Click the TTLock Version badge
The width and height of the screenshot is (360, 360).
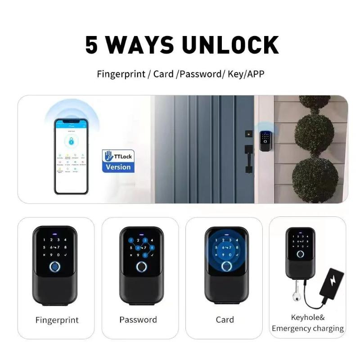pos(118,161)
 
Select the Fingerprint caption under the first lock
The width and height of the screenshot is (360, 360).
pos(57,320)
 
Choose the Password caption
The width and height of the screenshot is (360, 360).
pos(138,320)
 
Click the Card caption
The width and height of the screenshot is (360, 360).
pos(225,320)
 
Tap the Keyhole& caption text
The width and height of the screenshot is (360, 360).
pos(307,317)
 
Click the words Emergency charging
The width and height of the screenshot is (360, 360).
pos(308,328)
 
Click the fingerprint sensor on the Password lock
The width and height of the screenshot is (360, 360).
pos(141,267)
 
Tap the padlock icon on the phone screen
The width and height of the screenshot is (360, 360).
pos(71,140)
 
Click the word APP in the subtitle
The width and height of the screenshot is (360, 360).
pos(255,74)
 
